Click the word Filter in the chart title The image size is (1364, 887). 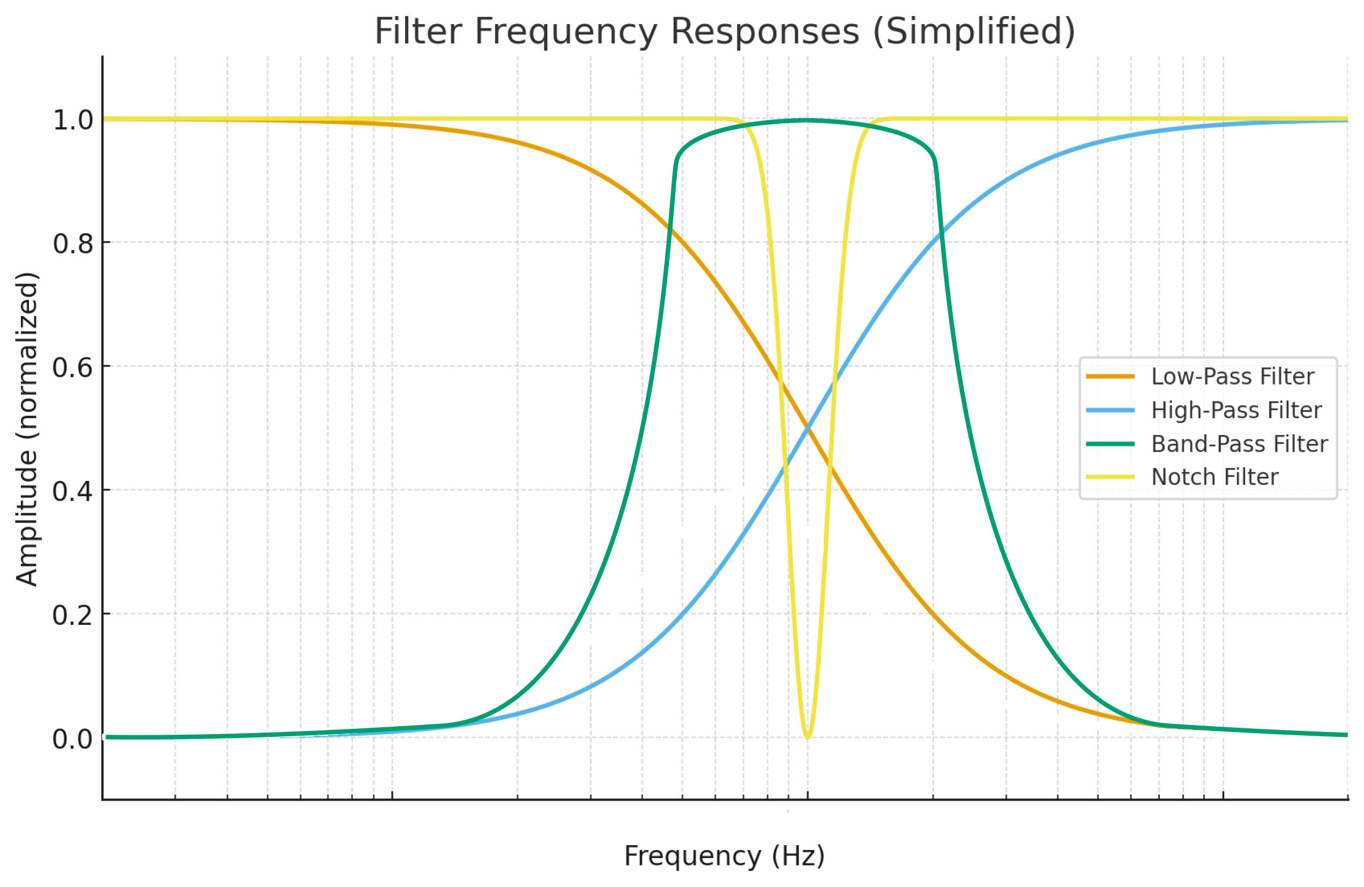coord(418,31)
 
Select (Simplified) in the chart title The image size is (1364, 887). coord(973,31)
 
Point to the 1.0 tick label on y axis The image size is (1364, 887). coord(73,121)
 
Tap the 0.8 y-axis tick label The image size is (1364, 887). coord(73,243)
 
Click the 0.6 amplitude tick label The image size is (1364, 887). coord(73,367)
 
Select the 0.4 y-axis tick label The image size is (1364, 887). coord(73,491)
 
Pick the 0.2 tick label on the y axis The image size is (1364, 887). coord(73,615)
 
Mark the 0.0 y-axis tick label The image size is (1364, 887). coord(73,739)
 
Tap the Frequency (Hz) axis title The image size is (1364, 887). coord(725,856)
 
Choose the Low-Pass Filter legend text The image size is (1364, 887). coord(1233,376)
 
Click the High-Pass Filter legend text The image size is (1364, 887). coord(1236,411)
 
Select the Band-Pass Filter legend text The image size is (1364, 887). coord(1239,444)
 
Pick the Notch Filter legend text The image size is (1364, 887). coord(1214,477)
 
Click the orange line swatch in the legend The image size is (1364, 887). coord(1110,376)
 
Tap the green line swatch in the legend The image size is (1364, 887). coord(1110,444)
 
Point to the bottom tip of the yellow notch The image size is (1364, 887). coord(807,737)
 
